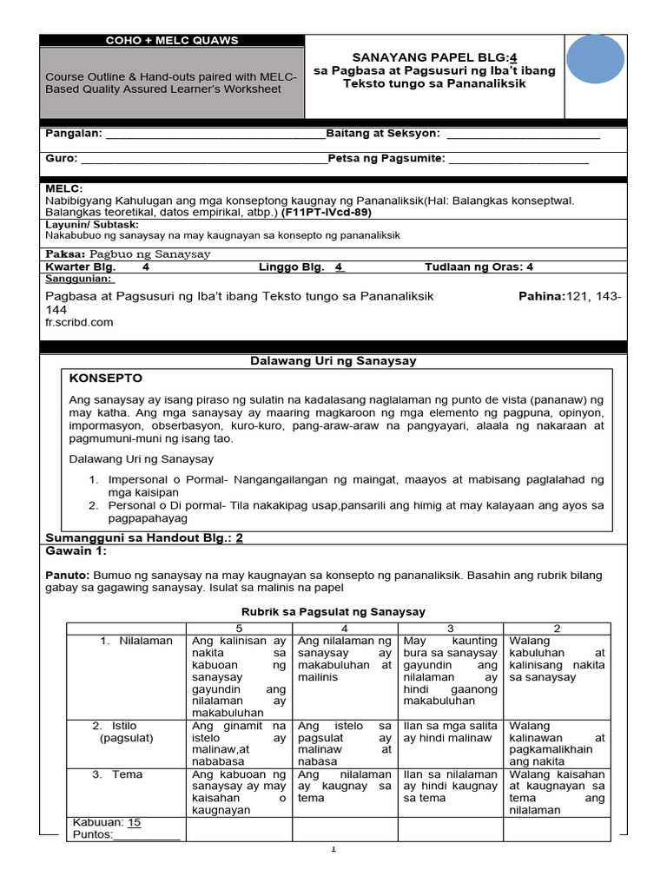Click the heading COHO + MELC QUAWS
[x=171, y=41]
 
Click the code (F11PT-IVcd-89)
[x=327, y=212]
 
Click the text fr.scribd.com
[x=79, y=322]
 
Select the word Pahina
[x=540, y=297]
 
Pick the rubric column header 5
[x=238, y=628]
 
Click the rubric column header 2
[x=557, y=628]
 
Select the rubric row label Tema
[x=127, y=774]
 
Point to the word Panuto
[x=66, y=576]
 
